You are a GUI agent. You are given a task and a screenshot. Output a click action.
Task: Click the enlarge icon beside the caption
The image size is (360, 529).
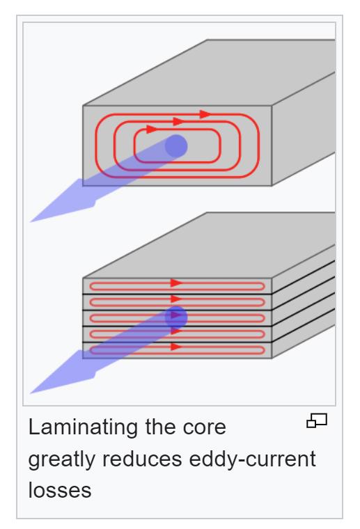point(317,420)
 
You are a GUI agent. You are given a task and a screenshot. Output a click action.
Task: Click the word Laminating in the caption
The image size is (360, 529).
point(84,428)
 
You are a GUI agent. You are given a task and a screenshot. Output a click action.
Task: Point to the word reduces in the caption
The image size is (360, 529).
point(142,459)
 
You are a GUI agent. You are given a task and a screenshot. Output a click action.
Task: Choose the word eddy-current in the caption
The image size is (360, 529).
point(252,459)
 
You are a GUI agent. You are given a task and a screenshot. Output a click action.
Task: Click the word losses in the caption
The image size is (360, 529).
point(60,490)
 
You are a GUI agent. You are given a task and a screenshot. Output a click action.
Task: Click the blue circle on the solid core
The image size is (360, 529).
point(176,146)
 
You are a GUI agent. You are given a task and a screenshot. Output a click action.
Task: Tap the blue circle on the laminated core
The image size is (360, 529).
point(176,317)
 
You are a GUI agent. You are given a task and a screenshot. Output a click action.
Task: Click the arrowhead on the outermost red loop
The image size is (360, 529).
point(205,114)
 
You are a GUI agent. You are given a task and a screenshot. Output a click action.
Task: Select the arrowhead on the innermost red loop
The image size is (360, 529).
point(152,129)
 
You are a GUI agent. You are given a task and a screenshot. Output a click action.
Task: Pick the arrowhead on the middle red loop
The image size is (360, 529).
point(178,121)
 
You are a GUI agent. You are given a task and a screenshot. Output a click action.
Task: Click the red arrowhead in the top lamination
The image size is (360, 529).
point(176,283)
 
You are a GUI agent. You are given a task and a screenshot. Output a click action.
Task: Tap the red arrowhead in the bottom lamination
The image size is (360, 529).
point(176,347)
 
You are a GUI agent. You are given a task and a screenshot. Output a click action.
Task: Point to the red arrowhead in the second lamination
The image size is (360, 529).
point(176,299)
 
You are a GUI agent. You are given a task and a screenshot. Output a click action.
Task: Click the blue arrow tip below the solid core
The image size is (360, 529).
point(31,221)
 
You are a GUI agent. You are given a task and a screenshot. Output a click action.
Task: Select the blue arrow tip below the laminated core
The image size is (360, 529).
point(31,393)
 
